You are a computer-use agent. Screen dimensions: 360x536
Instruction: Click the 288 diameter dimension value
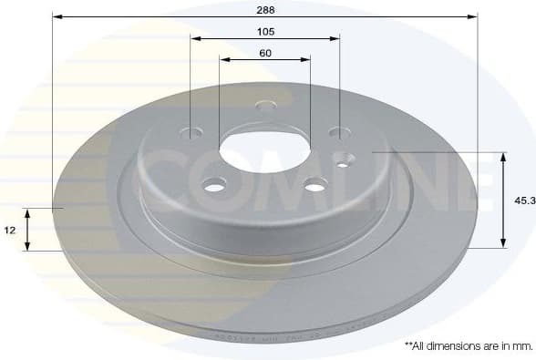[x=264, y=9]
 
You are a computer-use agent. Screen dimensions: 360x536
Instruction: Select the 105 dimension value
[x=264, y=31]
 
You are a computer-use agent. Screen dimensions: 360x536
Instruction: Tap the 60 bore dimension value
[x=264, y=53]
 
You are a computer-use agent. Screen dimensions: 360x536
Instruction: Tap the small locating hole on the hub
[x=344, y=164]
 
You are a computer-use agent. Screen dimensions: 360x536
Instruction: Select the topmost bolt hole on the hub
[x=264, y=107]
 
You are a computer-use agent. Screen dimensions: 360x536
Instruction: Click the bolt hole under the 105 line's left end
[x=191, y=133]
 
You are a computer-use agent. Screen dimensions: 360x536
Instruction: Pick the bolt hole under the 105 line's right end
[x=339, y=133]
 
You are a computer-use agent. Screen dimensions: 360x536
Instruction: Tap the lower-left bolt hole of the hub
[x=214, y=187]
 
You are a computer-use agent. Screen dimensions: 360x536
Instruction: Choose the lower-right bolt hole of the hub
[x=314, y=186]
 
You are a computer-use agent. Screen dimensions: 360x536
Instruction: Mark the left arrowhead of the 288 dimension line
[x=56, y=16]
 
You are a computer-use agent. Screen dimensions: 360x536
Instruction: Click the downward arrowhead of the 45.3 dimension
[x=502, y=243]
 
